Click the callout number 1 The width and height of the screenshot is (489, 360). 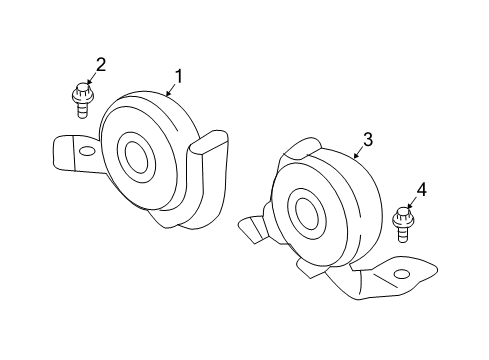tap(179, 76)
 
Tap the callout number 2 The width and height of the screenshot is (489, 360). tap(100, 66)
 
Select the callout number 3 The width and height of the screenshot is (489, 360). tap(367, 140)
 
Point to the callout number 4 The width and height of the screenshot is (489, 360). tap(421, 189)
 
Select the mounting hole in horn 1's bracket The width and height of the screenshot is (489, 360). tap(87, 151)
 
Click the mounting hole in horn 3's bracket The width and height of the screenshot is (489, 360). tap(402, 274)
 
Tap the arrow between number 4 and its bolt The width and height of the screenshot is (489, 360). tap(412, 203)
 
